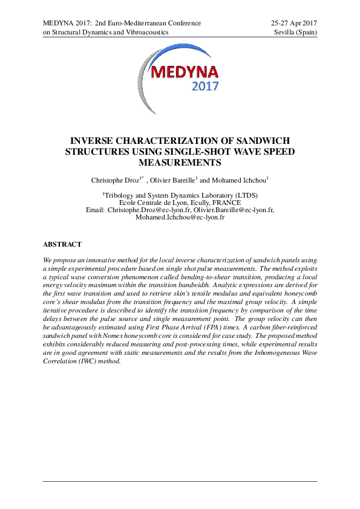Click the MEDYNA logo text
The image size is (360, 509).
[x=180, y=73]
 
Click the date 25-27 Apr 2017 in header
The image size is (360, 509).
[x=295, y=23]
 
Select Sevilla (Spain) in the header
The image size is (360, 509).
[x=296, y=33]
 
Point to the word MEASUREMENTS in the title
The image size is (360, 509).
[x=180, y=163]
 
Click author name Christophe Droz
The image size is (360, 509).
[x=116, y=180]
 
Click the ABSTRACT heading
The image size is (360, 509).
[x=62, y=244]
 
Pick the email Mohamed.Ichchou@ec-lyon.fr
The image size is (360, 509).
[x=180, y=217]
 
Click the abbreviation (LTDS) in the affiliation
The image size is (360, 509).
[x=240, y=195]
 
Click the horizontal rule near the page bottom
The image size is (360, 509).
[x=180, y=481]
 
